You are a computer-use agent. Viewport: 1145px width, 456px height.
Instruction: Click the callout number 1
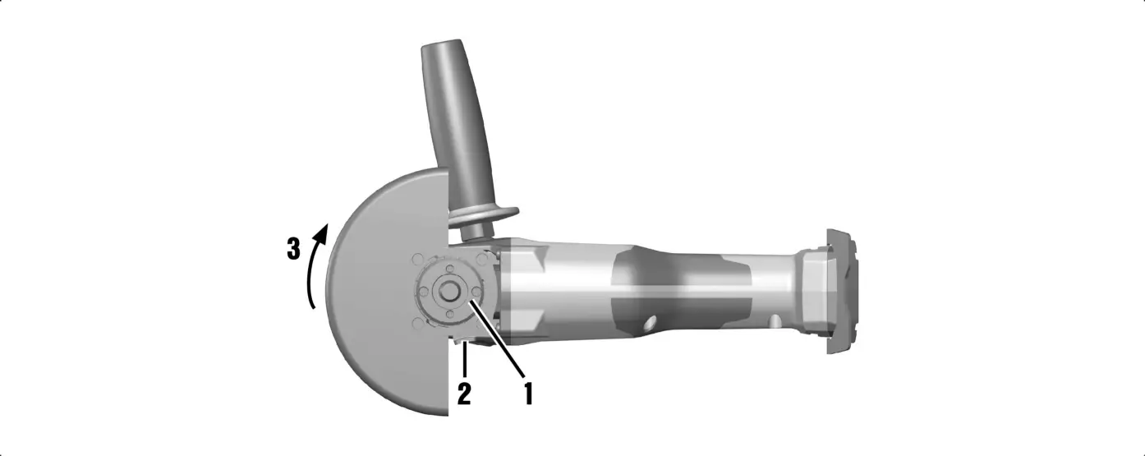pos(528,393)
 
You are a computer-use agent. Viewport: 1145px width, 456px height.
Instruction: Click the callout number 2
pos(464,394)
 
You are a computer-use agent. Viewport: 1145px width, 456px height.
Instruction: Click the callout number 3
pos(293,248)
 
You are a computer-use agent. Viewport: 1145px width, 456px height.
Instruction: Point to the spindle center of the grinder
pos(449,292)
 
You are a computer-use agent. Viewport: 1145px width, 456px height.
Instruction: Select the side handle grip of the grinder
pos(460,123)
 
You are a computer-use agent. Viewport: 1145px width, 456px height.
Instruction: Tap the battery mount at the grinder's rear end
pos(842,291)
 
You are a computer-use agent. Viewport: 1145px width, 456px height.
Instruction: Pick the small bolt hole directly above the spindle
pos(450,266)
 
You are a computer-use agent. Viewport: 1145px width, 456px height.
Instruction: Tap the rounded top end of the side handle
pos(442,48)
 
